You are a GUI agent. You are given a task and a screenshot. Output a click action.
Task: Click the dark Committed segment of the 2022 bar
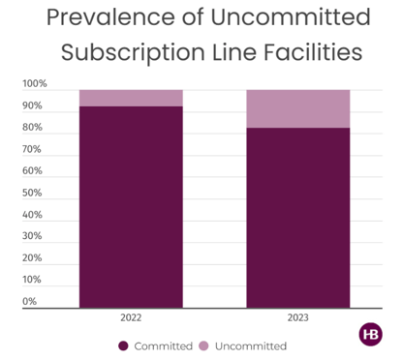click(131, 207)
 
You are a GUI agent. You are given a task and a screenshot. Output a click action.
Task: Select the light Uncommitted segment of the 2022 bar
click(131, 98)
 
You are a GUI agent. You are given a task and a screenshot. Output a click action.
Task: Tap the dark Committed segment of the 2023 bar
click(297, 218)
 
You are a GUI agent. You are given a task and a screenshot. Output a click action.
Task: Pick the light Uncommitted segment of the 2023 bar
click(297, 108)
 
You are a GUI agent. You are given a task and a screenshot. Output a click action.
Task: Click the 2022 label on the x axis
click(131, 317)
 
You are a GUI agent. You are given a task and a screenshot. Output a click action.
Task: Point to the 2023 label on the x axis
click(297, 317)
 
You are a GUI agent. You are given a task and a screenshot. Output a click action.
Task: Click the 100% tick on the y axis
click(35, 85)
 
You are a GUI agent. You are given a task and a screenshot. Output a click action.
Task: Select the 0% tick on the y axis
click(30, 301)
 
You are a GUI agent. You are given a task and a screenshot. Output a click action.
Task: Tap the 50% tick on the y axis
click(32, 193)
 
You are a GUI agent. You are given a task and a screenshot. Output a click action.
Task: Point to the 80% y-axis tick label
click(32, 128)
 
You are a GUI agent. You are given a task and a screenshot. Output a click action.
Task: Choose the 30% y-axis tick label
click(32, 236)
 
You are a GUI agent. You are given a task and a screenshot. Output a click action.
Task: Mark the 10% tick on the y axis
click(32, 280)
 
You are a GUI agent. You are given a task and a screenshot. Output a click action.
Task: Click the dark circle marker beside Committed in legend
click(123, 345)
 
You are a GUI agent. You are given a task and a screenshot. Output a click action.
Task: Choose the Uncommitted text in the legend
click(249, 345)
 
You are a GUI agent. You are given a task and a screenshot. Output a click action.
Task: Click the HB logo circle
click(370, 333)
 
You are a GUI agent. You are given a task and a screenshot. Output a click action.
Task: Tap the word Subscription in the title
click(128, 51)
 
